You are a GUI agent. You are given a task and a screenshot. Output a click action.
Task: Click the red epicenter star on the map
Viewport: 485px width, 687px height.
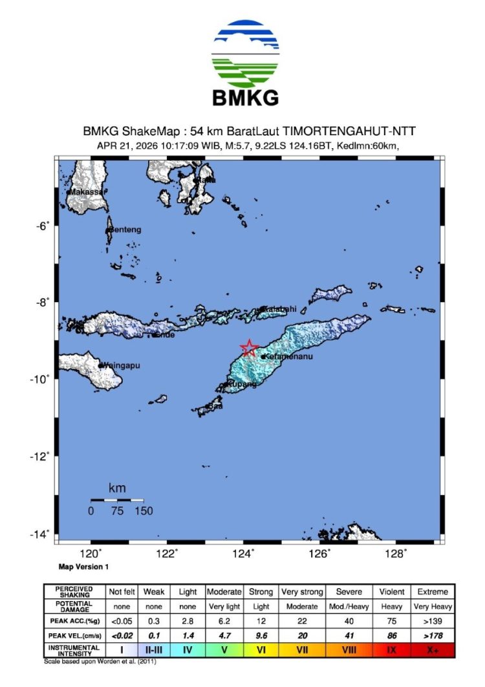tap(248, 348)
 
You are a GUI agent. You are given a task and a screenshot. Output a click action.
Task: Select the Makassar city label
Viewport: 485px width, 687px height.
tap(87, 192)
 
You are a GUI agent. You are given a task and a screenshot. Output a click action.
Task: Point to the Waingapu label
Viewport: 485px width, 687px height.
tap(121, 365)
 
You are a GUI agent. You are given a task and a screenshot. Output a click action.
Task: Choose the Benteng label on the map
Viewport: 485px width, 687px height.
tap(125, 230)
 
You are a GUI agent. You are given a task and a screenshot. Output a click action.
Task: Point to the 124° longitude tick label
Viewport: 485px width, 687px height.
tap(244, 554)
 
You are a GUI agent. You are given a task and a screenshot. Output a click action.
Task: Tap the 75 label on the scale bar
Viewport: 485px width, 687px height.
tap(117, 511)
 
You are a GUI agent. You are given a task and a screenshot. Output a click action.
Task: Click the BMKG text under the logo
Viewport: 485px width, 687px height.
tap(246, 98)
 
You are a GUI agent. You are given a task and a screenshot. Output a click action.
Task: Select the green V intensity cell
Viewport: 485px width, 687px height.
tap(224, 649)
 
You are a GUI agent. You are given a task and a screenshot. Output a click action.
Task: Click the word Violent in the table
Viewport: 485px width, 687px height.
tap(393, 592)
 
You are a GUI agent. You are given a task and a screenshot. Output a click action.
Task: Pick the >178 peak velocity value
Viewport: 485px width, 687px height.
tap(433, 635)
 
